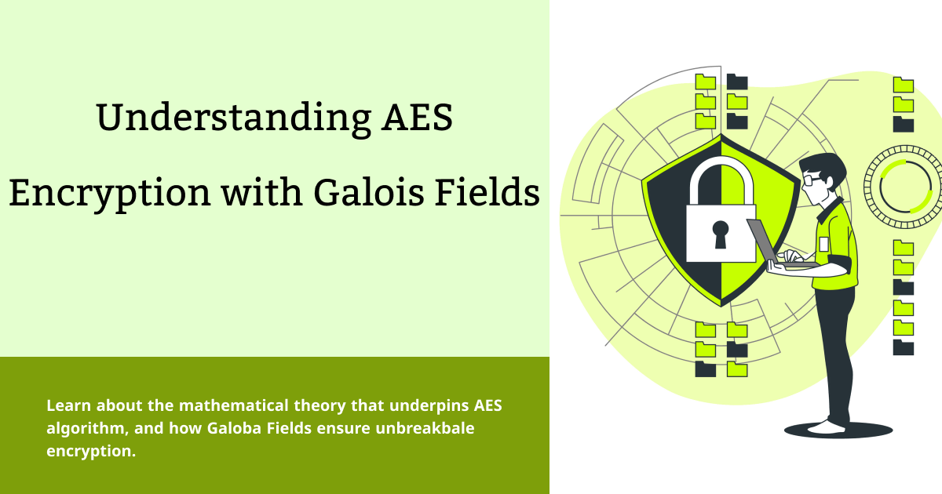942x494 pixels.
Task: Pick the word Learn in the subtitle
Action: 67,406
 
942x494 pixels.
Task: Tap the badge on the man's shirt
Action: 823,244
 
